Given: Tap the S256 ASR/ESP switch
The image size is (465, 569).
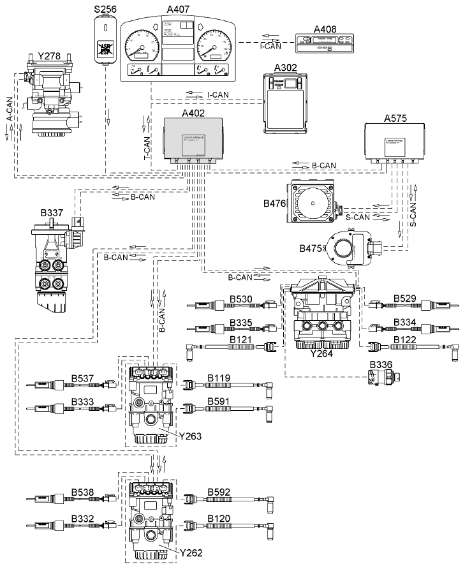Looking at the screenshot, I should [x=104, y=38].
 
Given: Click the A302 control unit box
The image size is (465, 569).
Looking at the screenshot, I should [x=287, y=103].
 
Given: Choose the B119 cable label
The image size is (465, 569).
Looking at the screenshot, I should [x=219, y=378].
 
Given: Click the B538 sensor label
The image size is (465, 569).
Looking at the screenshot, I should [x=82, y=492].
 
